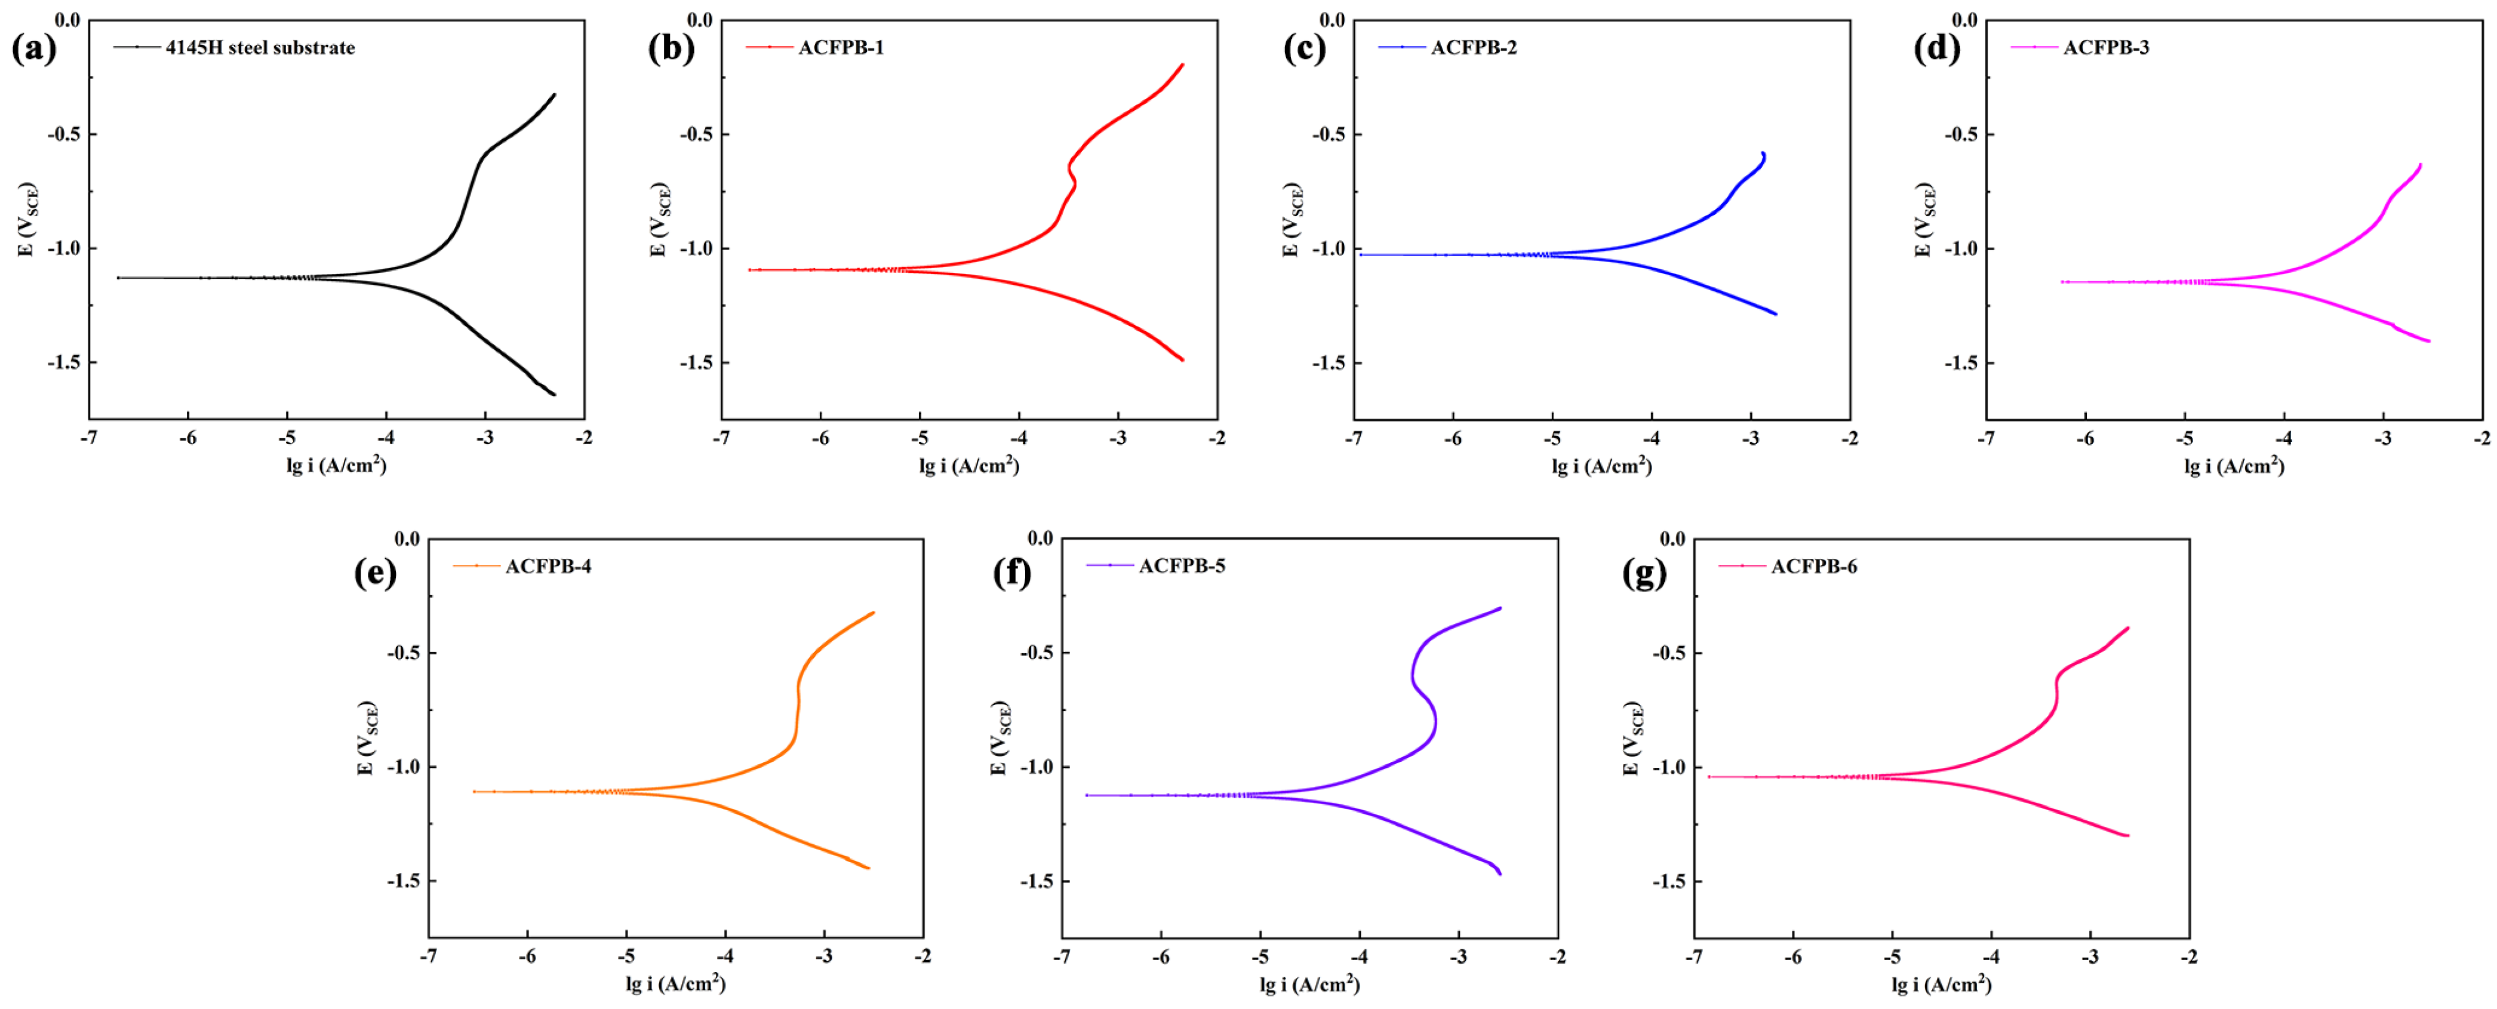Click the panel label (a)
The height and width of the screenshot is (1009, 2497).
(34, 48)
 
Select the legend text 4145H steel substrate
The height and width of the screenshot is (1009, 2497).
(260, 48)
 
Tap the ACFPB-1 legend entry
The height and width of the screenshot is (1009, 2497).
(841, 48)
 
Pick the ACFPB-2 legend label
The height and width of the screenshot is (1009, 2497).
(1474, 48)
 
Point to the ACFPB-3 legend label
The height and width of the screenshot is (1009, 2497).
(2105, 48)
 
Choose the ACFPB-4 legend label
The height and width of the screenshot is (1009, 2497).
(548, 566)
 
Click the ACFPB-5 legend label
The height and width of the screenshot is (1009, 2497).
(1182, 566)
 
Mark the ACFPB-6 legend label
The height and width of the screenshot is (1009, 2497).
(1813, 566)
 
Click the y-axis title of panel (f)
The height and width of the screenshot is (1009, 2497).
(1000, 739)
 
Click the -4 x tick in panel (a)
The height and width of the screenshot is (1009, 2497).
(386, 438)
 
